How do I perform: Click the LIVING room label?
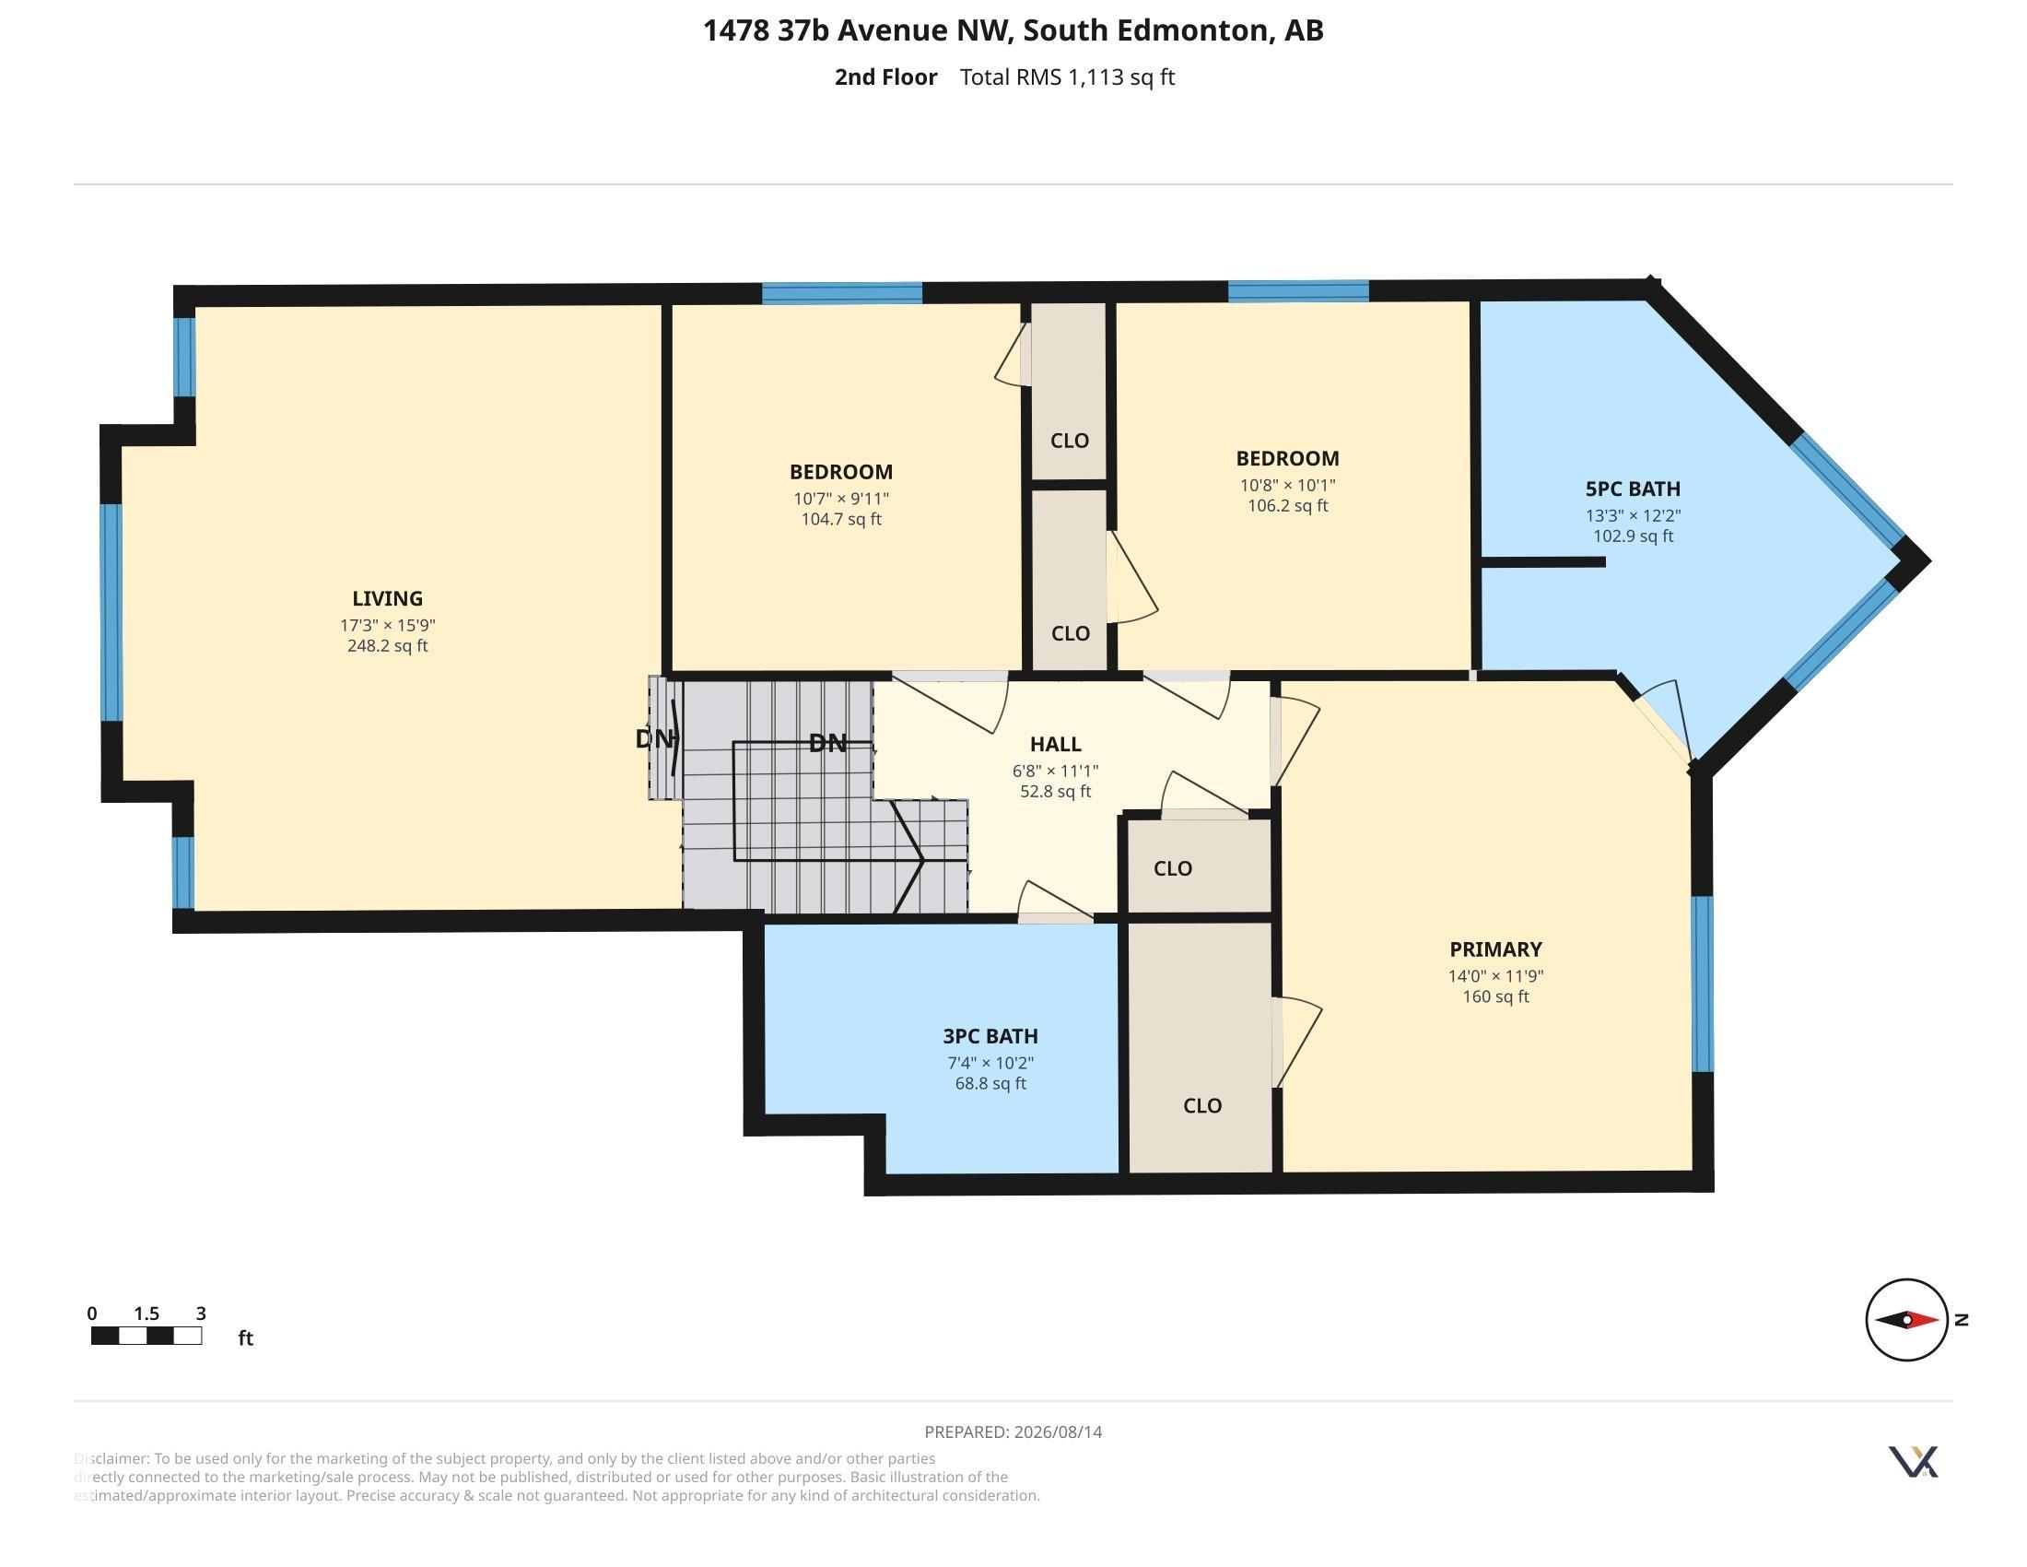tap(387, 599)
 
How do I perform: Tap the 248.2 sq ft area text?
tap(387, 646)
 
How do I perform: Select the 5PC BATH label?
tap(1633, 489)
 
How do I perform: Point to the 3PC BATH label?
tap(990, 1036)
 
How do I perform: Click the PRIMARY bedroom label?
tap(1495, 948)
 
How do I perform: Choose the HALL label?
tap(1055, 744)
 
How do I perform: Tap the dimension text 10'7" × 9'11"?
tap(841, 499)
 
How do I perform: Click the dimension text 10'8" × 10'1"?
tap(1287, 485)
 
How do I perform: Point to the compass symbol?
tap(1907, 1319)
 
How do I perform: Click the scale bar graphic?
tap(146, 1336)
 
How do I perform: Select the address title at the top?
tap(1013, 30)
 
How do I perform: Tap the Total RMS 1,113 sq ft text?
tap(1067, 77)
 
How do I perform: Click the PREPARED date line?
tap(1013, 1432)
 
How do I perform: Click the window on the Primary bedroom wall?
tap(1702, 984)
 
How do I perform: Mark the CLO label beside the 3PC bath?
tap(1201, 1105)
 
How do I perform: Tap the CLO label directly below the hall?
tap(1172, 868)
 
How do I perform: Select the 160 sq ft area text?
tap(1495, 997)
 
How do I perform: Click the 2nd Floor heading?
tap(885, 77)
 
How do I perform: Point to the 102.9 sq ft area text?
tap(1633, 536)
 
